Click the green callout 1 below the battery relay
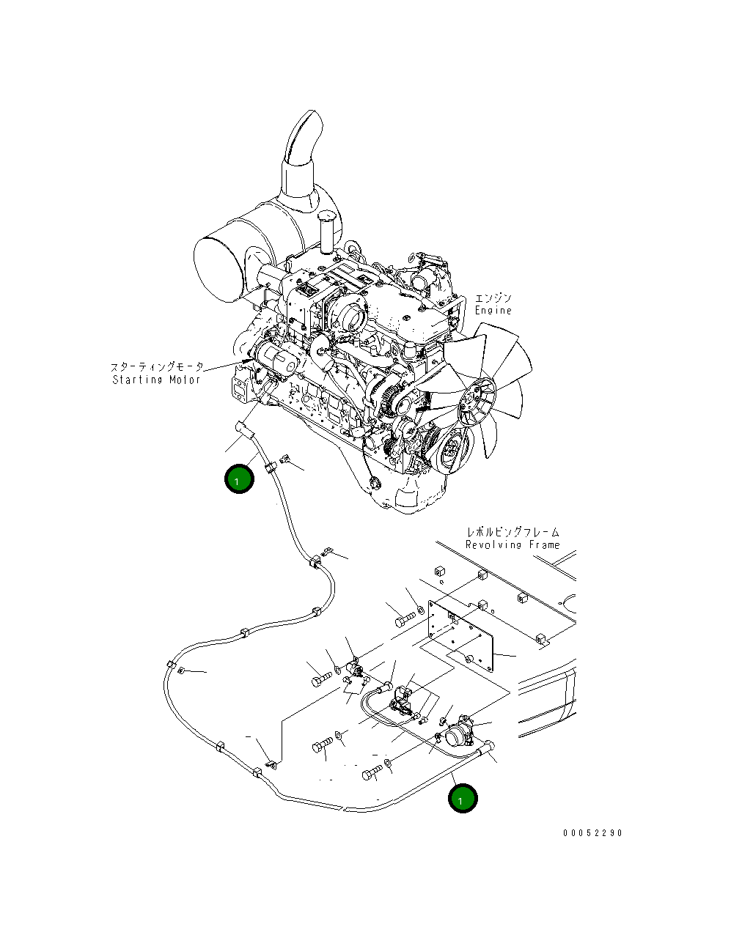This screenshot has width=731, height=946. [x=463, y=799]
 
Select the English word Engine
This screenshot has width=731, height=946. [x=493, y=311]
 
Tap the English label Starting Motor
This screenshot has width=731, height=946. [x=156, y=380]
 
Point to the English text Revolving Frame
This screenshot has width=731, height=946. [x=513, y=545]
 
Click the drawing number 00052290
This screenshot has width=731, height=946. [x=592, y=833]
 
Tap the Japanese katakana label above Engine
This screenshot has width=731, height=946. [x=493, y=298]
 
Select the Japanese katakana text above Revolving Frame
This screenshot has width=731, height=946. [x=513, y=532]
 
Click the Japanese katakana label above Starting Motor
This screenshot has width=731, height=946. [x=157, y=367]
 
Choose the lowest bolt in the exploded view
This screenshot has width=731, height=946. [x=372, y=773]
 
